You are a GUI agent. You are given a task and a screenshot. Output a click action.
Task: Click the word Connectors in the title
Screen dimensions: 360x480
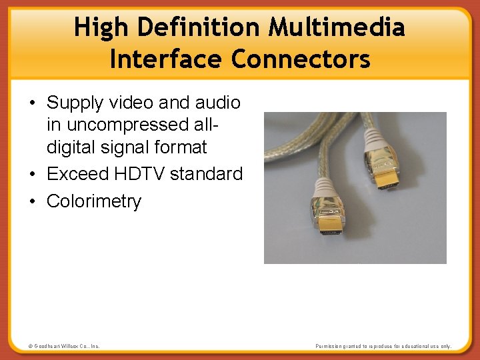(301, 59)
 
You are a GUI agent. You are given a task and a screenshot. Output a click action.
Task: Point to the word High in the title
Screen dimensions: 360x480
(99, 28)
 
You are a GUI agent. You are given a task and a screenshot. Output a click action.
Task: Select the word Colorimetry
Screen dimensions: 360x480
(94, 201)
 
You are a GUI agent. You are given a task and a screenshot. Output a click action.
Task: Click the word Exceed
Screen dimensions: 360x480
(77, 174)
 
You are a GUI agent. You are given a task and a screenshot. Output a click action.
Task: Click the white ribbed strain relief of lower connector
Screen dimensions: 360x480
(323, 187)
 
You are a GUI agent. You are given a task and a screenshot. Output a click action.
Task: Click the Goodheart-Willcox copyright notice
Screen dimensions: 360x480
(64, 346)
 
